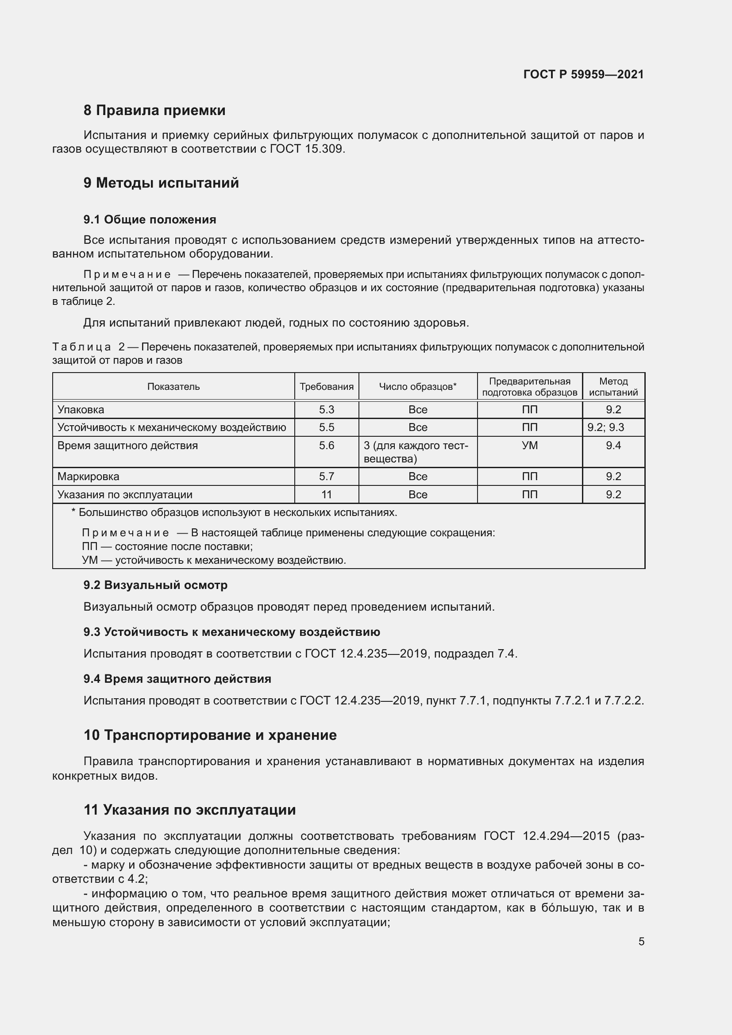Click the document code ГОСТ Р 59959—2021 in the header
point(583,74)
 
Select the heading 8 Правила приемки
point(154,111)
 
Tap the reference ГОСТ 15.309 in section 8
point(307,149)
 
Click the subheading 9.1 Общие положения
point(150,219)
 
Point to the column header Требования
point(326,387)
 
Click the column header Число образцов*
point(417,387)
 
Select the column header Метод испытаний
point(613,387)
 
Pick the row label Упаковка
point(81,410)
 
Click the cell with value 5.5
point(326,427)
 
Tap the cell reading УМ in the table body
point(530,446)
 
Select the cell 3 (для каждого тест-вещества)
point(416,452)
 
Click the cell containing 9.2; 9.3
point(605,427)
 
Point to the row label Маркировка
point(89,477)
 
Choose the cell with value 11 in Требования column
point(326,495)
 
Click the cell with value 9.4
point(613,446)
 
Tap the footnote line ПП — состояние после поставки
point(167,547)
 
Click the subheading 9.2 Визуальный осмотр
point(155,585)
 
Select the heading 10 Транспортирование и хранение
point(210,735)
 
